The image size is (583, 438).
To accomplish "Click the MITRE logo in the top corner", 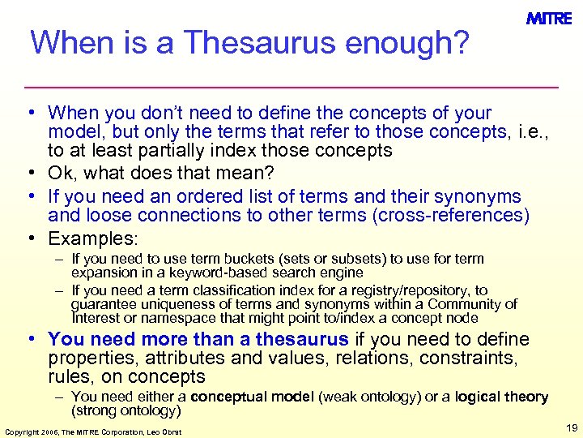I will pos(549,19).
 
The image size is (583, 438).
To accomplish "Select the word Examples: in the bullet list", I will pos(94,238).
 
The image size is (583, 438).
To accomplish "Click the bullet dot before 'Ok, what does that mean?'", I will pos(36,172).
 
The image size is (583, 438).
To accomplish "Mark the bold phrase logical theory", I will pos(501,397).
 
